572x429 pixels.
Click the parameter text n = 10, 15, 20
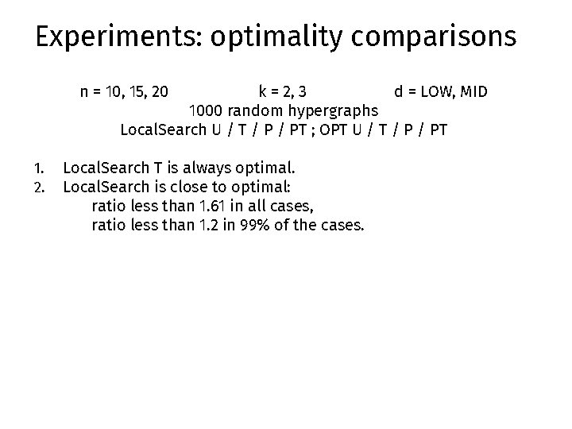point(124,91)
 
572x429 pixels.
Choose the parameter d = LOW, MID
point(441,91)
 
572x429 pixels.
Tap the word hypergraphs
point(329,110)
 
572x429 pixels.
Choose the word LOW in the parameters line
point(436,91)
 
